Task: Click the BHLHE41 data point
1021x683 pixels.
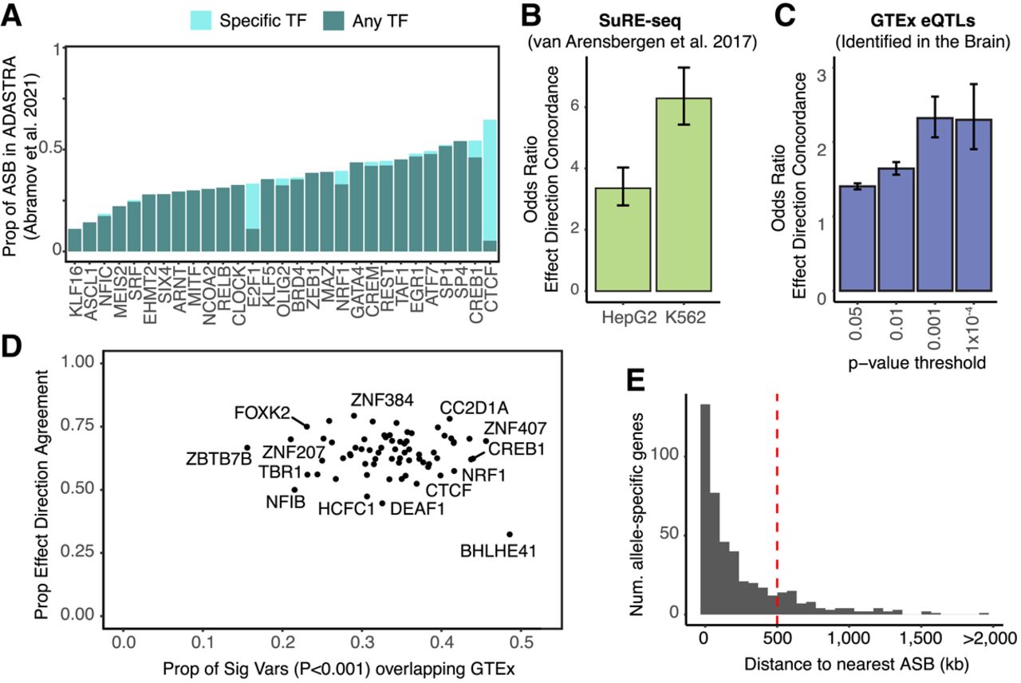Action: [510, 534]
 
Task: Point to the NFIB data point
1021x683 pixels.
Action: [294, 489]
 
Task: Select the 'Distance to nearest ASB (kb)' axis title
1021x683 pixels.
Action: [846, 664]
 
